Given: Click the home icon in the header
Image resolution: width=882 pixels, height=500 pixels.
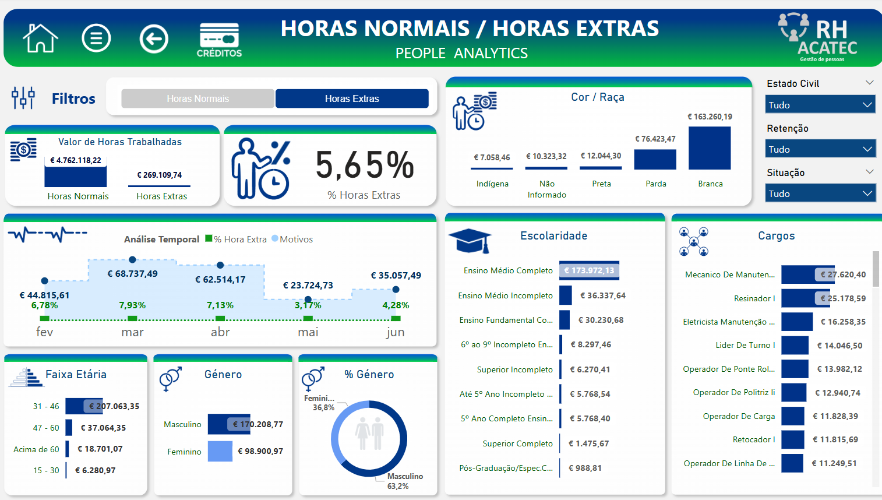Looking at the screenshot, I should pyautogui.click(x=40, y=38).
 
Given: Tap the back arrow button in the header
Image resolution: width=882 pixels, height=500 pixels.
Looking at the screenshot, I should pyautogui.click(x=154, y=39).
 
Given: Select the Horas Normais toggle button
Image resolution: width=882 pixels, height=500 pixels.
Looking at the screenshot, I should pyautogui.click(x=197, y=98).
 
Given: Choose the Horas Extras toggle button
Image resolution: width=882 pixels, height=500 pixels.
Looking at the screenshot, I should pyautogui.click(x=352, y=98).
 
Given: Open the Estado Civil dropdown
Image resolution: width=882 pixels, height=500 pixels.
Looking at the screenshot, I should pyautogui.click(x=820, y=105).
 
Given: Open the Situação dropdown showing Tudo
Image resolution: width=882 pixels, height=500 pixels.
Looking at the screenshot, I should pyautogui.click(x=820, y=193).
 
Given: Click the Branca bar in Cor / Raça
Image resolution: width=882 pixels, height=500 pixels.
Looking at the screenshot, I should pyautogui.click(x=710, y=148).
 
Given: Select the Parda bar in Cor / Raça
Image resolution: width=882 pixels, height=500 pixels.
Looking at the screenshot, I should pyautogui.click(x=655, y=159).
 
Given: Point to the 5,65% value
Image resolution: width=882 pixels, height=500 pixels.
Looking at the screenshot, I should pyautogui.click(x=365, y=165).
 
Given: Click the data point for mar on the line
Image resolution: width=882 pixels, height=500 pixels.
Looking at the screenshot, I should pyautogui.click(x=132, y=259).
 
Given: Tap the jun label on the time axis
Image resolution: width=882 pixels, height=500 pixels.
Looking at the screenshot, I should pyautogui.click(x=395, y=332).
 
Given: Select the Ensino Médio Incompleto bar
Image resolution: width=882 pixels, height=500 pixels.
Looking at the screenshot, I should pyautogui.click(x=565, y=295).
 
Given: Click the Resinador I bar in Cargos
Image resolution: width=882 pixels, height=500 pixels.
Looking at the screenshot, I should pyautogui.click(x=805, y=298).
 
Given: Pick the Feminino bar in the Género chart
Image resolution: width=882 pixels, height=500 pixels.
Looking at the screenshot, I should pyautogui.click(x=220, y=452).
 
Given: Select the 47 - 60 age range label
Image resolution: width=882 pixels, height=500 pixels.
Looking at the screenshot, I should pyautogui.click(x=46, y=428).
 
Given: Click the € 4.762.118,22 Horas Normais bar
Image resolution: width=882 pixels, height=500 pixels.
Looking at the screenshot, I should pyautogui.click(x=76, y=177).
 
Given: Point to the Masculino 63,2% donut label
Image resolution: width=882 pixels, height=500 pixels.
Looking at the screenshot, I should pyautogui.click(x=404, y=481).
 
